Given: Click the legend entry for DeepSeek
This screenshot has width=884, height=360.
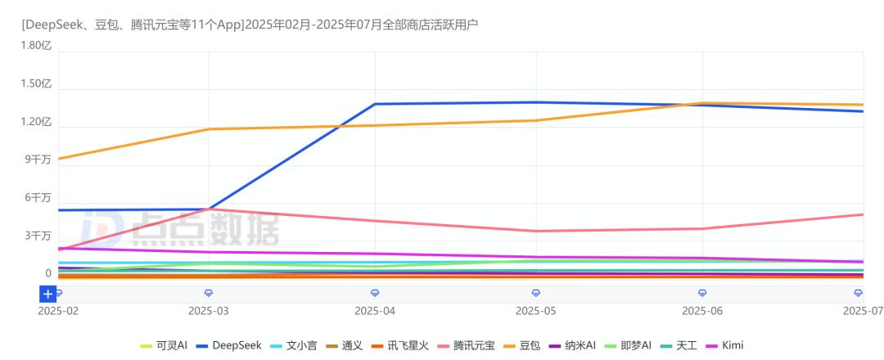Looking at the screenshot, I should pos(229,345).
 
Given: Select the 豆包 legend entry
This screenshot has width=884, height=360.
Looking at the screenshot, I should pos(523,345).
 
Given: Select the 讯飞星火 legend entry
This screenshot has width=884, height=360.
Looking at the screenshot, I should pos(399,345).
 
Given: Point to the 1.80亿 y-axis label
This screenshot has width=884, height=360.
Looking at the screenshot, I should pos(37,46).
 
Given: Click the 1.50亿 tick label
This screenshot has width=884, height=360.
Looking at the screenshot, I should pos(37,83).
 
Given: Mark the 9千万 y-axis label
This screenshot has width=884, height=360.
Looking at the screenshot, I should pos(38,160).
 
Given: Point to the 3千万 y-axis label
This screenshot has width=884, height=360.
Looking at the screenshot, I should pos(38,236).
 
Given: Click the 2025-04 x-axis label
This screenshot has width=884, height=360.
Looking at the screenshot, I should pos(375,311).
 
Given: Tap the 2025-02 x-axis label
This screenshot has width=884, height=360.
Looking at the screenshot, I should pos(57,311).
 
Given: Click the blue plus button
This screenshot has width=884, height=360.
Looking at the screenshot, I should pos(48,294).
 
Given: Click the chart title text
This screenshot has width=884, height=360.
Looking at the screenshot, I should pos(250,25).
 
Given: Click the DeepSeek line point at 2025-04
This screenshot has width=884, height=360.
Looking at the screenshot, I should pos(375,104).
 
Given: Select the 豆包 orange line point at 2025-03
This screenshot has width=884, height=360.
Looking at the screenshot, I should pos(209,129).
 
